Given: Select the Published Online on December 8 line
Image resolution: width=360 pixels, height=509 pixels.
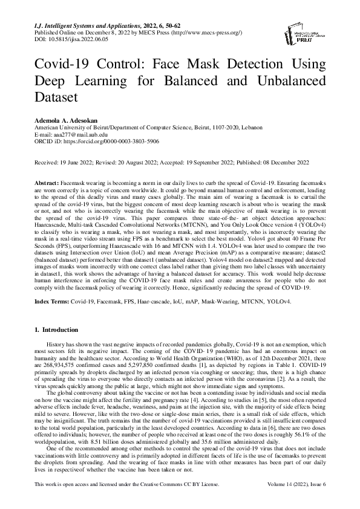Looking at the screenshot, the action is click(136, 32).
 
